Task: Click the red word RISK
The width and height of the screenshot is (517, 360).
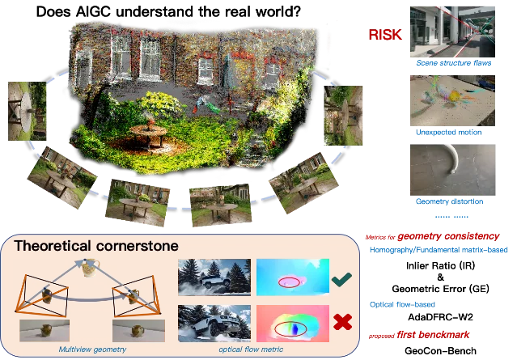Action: tap(385, 35)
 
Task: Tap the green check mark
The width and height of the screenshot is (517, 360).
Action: tap(341, 280)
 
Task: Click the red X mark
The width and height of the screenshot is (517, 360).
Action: tap(342, 322)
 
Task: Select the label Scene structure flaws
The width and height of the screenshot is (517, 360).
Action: tap(453, 63)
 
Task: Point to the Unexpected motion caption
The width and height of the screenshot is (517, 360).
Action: tap(448, 132)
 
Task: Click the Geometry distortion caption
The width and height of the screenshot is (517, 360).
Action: tap(449, 201)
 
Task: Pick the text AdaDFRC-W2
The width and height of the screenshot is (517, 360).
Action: tap(440, 317)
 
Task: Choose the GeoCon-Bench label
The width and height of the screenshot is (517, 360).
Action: tap(440, 351)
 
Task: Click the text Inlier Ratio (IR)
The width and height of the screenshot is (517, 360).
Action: tap(440, 265)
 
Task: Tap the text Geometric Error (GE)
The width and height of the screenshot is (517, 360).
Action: tap(440, 289)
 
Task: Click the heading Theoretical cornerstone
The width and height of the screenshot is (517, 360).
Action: tap(96, 246)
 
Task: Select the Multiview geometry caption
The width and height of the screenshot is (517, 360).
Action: tap(92, 349)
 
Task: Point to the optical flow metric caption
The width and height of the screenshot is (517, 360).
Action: tap(251, 349)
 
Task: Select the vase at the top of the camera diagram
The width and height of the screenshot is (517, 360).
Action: tap(90, 268)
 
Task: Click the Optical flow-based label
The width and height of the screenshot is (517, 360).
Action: tap(402, 305)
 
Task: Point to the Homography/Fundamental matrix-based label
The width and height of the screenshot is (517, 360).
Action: tap(439, 250)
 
